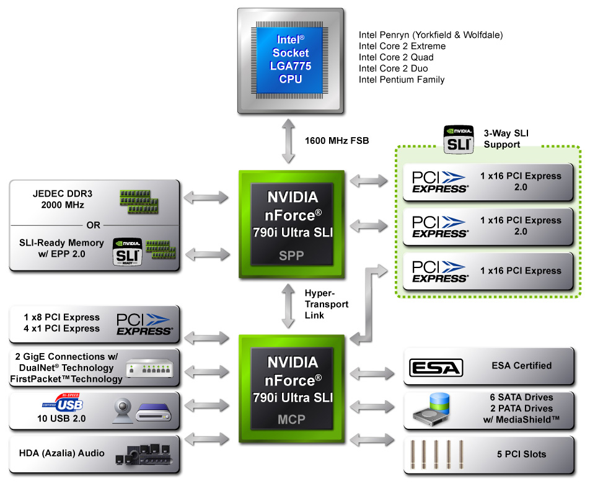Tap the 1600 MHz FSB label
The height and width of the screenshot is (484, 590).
click(x=337, y=141)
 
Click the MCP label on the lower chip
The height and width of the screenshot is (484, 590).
click(x=291, y=419)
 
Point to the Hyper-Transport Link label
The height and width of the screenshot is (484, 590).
click(x=327, y=304)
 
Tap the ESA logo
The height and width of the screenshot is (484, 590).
click(x=436, y=367)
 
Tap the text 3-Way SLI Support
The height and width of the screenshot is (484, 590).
click(x=506, y=138)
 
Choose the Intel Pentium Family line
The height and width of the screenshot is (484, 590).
click(x=402, y=79)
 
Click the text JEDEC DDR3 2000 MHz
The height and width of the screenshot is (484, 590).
click(x=59, y=199)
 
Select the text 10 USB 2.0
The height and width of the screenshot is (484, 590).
click(x=61, y=419)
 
